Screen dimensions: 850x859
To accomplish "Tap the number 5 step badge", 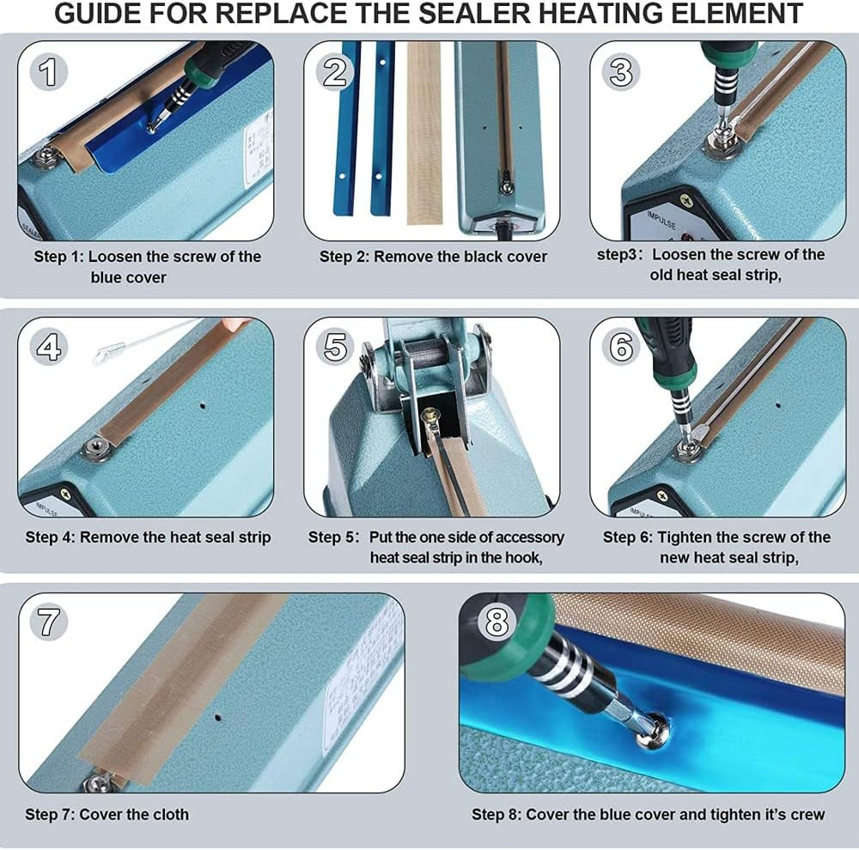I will [335, 347].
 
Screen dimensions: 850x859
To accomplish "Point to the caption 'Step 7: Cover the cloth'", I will [107, 814].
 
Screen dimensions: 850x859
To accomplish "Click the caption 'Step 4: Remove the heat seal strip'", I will [148, 537].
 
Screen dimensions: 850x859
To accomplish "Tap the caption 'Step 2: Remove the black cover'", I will [433, 256].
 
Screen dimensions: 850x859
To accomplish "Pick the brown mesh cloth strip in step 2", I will [423, 133].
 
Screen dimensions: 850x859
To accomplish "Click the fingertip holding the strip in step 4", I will [233, 325].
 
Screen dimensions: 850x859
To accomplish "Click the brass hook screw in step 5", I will [429, 416].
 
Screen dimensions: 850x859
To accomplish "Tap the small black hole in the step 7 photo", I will [222, 714].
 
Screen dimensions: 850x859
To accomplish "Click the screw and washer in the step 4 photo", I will [94, 447].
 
